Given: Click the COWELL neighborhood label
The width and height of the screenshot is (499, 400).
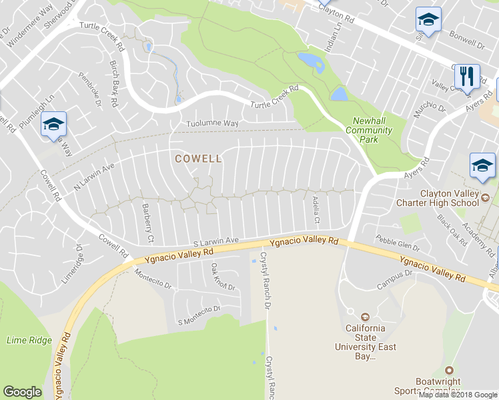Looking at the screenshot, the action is [198, 159].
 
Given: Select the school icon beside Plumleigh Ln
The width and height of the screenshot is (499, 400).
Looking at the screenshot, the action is [53, 125].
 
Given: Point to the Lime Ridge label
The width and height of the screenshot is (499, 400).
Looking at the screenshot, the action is [29, 340].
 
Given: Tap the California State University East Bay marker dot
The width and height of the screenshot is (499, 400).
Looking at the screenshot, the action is [365, 317].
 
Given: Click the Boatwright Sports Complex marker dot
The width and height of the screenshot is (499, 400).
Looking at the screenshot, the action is [449, 370].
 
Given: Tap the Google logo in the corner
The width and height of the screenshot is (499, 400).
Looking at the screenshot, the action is [22, 392].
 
